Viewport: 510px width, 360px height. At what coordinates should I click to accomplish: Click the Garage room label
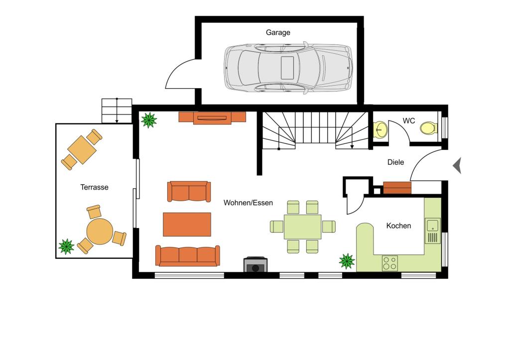point(278,32)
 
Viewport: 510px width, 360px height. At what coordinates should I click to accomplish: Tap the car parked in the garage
point(288,67)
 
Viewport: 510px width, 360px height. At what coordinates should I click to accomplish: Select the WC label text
point(408,120)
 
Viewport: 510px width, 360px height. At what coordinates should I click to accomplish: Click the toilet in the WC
point(428,128)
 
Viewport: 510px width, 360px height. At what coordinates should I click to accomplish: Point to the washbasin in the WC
point(380,130)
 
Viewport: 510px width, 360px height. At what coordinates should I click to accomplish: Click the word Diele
point(395,162)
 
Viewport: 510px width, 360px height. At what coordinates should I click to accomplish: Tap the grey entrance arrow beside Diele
point(457,165)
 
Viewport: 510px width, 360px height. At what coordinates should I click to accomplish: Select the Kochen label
point(398,226)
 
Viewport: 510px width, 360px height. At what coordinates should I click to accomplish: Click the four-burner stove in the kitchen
point(389,263)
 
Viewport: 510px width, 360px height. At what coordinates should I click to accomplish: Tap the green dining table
point(303,227)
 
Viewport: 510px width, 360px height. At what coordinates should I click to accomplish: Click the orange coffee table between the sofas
point(187,224)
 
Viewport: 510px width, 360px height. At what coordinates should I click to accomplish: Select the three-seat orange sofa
point(187,255)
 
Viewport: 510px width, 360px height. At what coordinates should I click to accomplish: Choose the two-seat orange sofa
point(188,192)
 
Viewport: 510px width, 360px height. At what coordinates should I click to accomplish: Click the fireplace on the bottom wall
point(255,265)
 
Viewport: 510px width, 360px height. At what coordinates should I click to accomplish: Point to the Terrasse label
point(94,187)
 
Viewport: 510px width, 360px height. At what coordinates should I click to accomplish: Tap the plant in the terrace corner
point(66,246)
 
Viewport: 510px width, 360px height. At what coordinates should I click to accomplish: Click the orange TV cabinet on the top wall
point(212,118)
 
